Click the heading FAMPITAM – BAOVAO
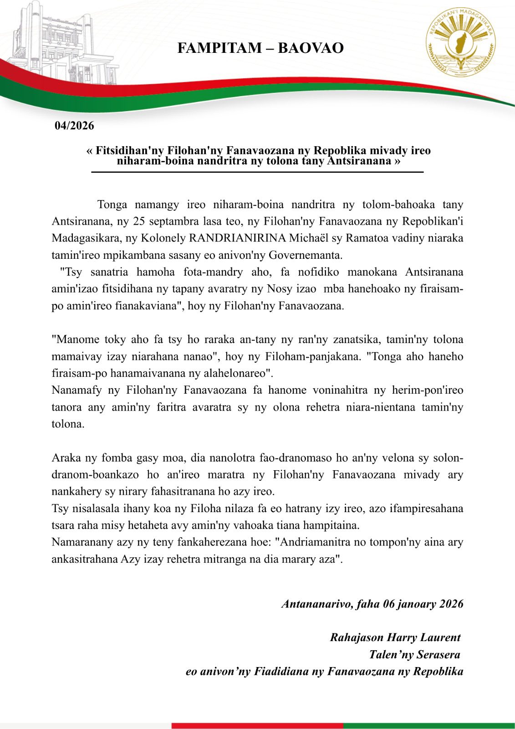[x=260, y=48]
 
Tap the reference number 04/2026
[x=74, y=126]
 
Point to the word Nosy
[x=292, y=289]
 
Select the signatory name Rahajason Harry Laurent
[x=395, y=637]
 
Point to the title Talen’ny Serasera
[x=414, y=654]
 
